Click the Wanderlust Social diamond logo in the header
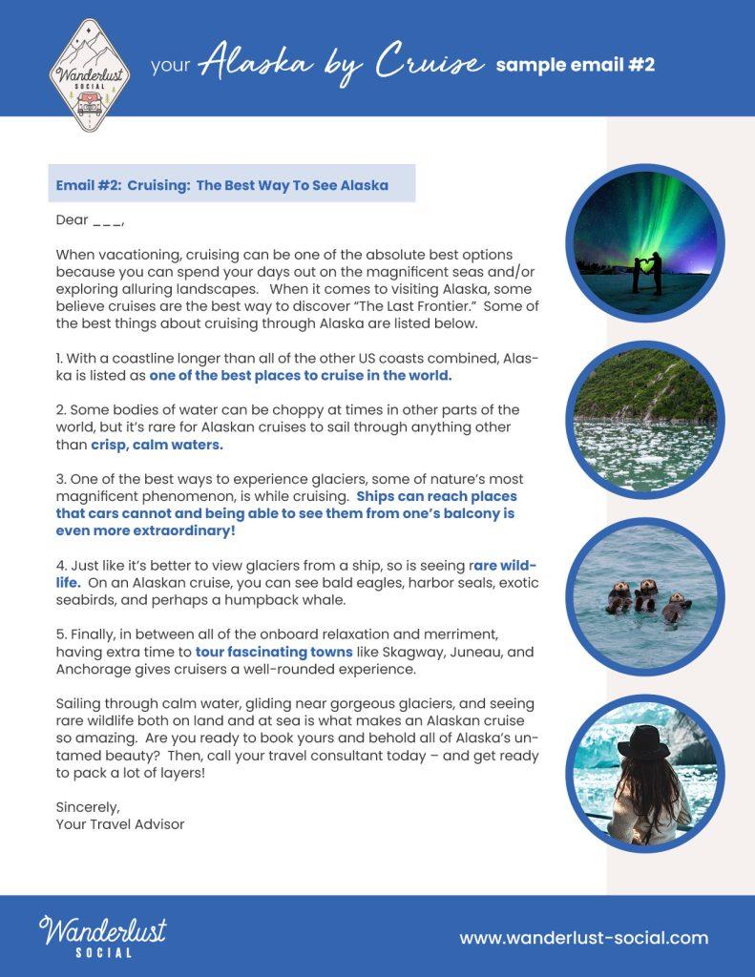pos(90,73)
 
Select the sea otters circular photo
pos(644,597)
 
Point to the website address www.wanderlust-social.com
pos(583,938)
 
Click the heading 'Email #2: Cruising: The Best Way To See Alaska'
pos(222,185)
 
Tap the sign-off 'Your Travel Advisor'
pos(120,823)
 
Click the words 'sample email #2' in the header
pos(575,65)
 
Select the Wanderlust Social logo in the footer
pos(102,936)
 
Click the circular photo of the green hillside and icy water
pos(644,417)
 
